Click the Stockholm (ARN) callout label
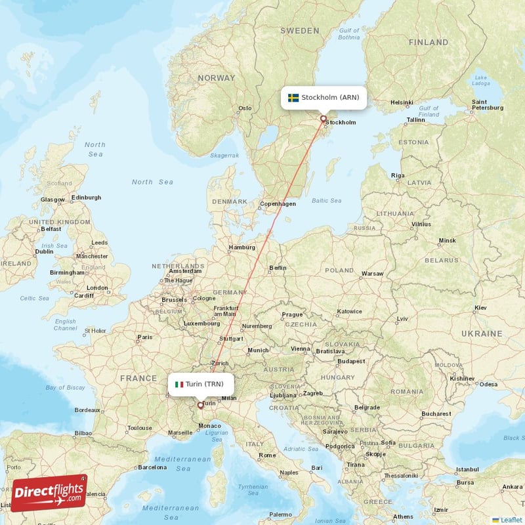click(x=324, y=97)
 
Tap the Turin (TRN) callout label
click(x=201, y=384)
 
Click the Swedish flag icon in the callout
click(x=293, y=98)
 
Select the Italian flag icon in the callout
click(x=178, y=384)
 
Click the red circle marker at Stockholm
click(x=323, y=119)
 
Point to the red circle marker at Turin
click(x=200, y=405)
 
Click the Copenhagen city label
click(x=278, y=204)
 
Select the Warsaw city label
click(x=372, y=273)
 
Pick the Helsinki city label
click(x=401, y=103)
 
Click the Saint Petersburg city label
click(x=479, y=106)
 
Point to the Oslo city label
click(x=245, y=108)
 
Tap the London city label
click(x=97, y=287)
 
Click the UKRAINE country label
click(x=481, y=333)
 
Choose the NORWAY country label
click(x=216, y=77)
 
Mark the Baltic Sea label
click(x=327, y=201)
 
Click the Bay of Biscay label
click(x=66, y=387)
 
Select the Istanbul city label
click(x=468, y=470)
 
